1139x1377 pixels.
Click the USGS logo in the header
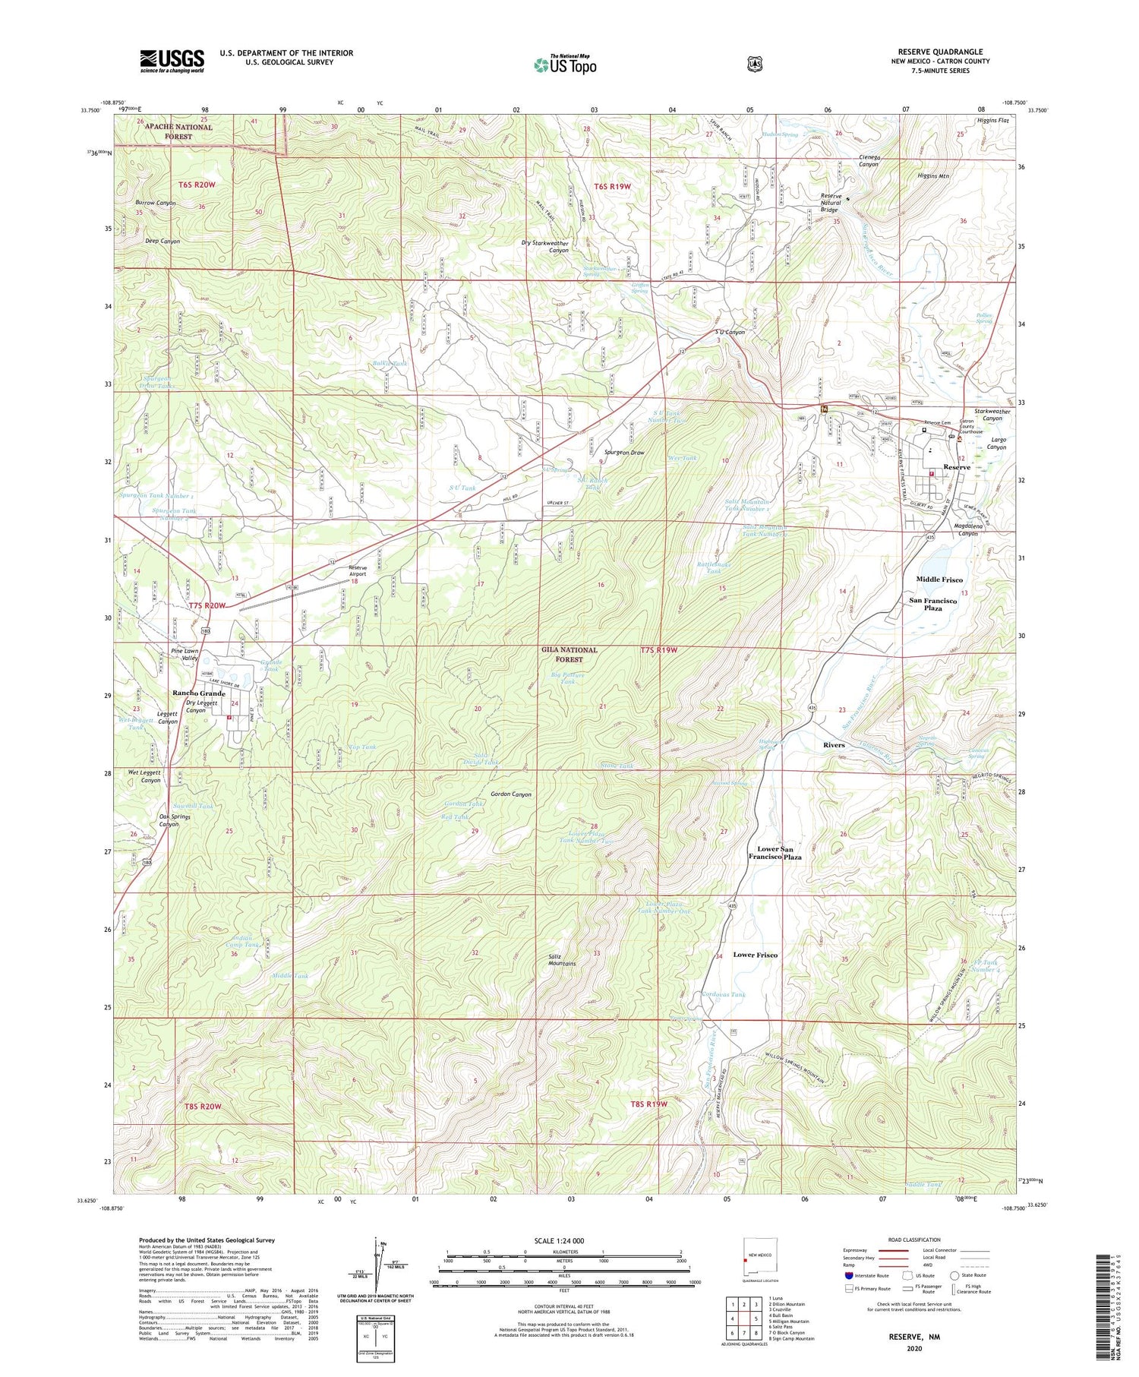[x=172, y=61]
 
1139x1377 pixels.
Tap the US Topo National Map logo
[x=565, y=65]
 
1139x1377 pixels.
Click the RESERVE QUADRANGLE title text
[x=939, y=52]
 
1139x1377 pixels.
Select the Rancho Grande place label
[x=198, y=693]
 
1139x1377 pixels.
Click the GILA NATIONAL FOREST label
[x=569, y=655]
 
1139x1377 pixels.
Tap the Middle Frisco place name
[x=939, y=580]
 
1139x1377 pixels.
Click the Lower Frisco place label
[x=755, y=955]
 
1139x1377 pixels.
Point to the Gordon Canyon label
[x=511, y=794]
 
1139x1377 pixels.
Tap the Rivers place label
[x=834, y=745]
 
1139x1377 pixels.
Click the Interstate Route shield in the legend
[x=849, y=1275]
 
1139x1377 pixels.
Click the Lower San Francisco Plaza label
[x=775, y=852]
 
